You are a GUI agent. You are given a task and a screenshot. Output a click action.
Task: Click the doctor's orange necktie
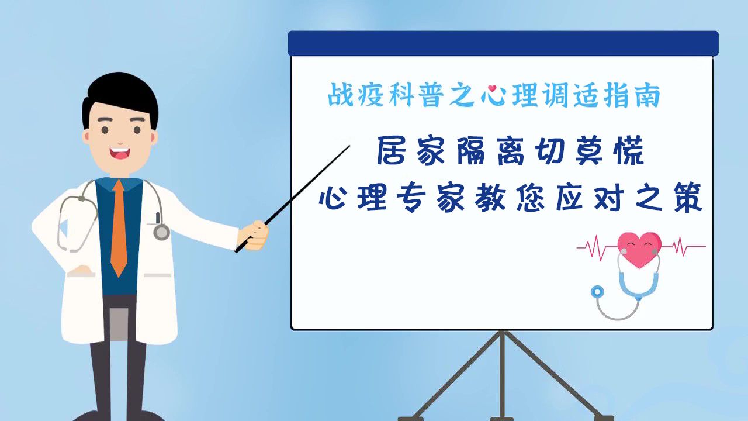(119, 228)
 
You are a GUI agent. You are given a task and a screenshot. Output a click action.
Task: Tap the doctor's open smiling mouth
(120, 154)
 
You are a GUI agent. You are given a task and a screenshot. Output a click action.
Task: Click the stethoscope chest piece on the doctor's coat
(162, 232)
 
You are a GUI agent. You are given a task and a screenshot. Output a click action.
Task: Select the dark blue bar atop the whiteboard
(503, 43)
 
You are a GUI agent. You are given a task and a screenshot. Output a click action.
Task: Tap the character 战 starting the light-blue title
(341, 95)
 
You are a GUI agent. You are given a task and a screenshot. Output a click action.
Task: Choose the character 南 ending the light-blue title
(648, 95)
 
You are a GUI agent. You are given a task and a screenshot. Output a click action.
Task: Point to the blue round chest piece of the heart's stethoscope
(597, 292)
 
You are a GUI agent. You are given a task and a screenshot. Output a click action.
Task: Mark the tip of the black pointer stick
(349, 146)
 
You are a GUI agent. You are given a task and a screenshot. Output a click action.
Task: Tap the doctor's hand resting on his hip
(81, 271)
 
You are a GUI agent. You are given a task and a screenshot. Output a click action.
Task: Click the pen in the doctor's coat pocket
(158, 218)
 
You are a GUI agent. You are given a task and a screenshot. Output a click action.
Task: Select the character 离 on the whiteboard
(510, 151)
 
